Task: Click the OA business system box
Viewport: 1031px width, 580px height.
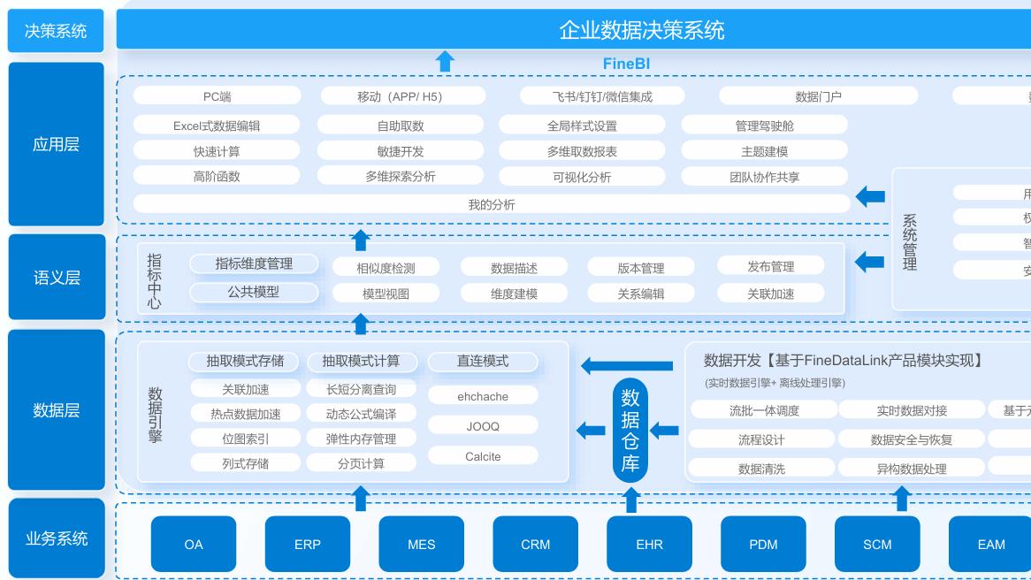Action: [194, 544]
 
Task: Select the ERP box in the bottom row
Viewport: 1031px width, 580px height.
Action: [307, 544]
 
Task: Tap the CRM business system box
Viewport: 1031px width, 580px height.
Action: [535, 544]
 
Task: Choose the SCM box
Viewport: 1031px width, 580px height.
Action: [876, 544]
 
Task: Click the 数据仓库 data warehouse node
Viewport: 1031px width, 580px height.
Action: [630, 431]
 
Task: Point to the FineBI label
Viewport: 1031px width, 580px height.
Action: [626, 64]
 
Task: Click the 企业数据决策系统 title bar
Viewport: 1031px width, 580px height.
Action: [641, 30]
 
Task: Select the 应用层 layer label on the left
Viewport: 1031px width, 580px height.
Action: [56, 144]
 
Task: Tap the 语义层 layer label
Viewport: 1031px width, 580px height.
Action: [56, 278]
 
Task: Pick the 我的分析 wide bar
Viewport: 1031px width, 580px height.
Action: [491, 204]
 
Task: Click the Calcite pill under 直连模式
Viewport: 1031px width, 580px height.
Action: [483, 456]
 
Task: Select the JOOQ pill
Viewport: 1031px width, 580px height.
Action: [483, 426]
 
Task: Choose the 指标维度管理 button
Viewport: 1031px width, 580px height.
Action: [254, 263]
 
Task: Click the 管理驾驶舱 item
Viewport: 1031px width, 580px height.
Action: [764, 126]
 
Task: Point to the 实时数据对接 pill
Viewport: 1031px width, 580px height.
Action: [911, 410]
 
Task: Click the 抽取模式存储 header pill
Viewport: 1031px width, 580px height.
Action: [245, 361]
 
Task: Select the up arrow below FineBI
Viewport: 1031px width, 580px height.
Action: [446, 61]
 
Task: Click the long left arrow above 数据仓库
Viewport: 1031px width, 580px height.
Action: [626, 365]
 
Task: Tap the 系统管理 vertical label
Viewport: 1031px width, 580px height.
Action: [909, 242]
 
